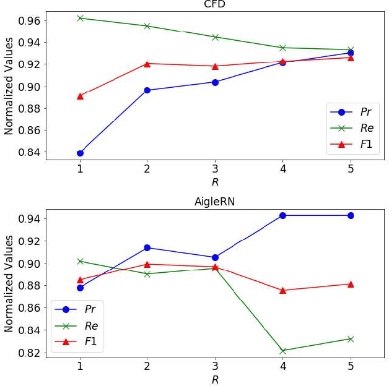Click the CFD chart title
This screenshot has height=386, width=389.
point(215,5)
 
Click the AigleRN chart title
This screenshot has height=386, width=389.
point(215,202)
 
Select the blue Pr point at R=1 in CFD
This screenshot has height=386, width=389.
point(80,153)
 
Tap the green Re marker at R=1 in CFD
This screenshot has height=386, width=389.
point(80,18)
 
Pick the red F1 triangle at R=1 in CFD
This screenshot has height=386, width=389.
point(80,96)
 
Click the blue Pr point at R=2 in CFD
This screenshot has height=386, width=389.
point(147,90)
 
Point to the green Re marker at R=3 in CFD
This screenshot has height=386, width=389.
point(215,37)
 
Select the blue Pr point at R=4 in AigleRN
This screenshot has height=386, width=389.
point(282,215)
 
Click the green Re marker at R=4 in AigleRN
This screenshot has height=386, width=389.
point(282,351)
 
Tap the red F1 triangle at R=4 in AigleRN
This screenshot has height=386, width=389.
point(282,290)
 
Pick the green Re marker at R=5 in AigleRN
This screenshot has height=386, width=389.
point(351,339)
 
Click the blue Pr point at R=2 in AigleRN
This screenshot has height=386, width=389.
point(147,247)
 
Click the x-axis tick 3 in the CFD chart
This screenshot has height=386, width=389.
point(215,169)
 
